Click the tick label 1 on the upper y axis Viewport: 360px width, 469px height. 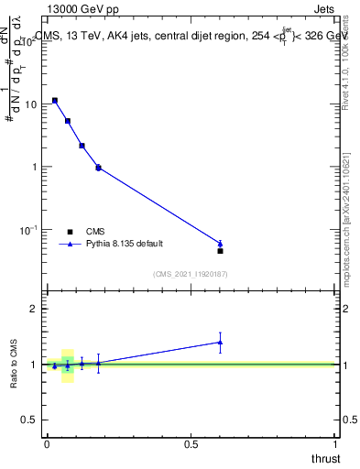click(34, 167)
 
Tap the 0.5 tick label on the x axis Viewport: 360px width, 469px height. click(191, 443)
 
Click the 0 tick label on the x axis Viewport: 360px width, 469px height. click(47, 443)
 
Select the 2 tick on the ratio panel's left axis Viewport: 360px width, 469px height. click(34, 309)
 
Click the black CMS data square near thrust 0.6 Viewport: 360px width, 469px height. click(220, 250)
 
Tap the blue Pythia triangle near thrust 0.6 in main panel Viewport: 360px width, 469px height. click(220, 243)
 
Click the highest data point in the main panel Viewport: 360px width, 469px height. click(55, 100)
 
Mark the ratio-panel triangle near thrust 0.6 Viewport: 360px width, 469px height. click(220, 342)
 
